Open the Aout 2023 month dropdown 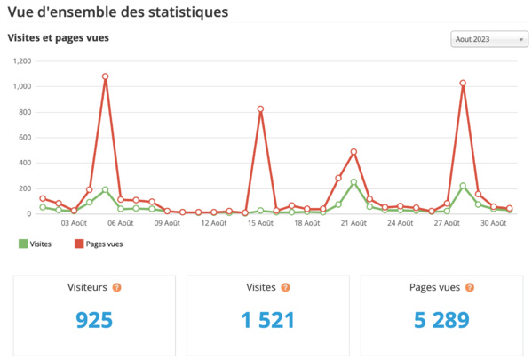click(x=488, y=40)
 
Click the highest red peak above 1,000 click(x=105, y=76)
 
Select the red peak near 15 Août click(x=260, y=109)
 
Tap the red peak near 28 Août click(x=463, y=84)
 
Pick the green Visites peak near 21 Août click(x=353, y=182)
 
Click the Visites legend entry click(x=35, y=243)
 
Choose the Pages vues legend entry click(x=97, y=243)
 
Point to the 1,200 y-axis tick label click(x=20, y=61)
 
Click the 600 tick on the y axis click(x=23, y=138)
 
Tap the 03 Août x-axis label click(x=74, y=224)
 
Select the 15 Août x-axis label click(x=260, y=224)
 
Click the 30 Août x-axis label click(x=494, y=224)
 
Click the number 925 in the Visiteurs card click(x=94, y=320)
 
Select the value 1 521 click(x=267, y=320)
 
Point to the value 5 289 click(x=441, y=320)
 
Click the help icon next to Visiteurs click(x=116, y=288)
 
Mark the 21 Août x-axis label click(x=353, y=224)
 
